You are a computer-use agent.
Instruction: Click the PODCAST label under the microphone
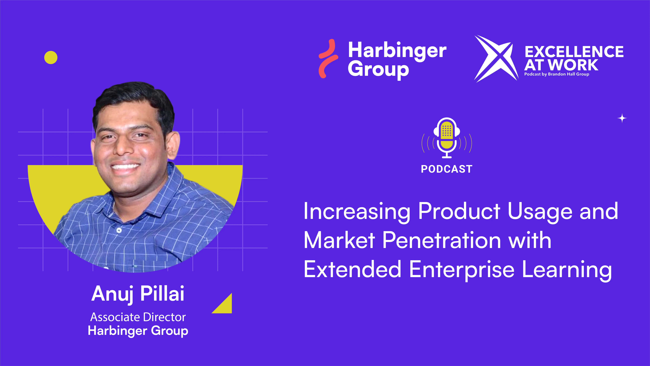click(x=447, y=169)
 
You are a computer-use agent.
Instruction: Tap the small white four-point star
click(x=622, y=118)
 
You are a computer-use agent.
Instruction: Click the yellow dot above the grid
click(x=51, y=58)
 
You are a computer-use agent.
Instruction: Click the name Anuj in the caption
click(x=112, y=294)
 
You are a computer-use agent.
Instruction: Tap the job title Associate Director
click(x=138, y=317)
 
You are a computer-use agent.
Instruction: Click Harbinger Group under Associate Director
click(x=138, y=331)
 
